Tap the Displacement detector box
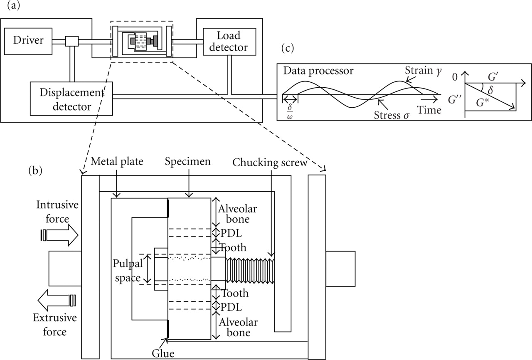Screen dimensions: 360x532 71,99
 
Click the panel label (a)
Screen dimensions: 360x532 9,6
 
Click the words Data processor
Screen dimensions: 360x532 318,70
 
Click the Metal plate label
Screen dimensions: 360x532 117,161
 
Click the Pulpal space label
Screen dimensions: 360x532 127,270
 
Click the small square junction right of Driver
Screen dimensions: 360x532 72,42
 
